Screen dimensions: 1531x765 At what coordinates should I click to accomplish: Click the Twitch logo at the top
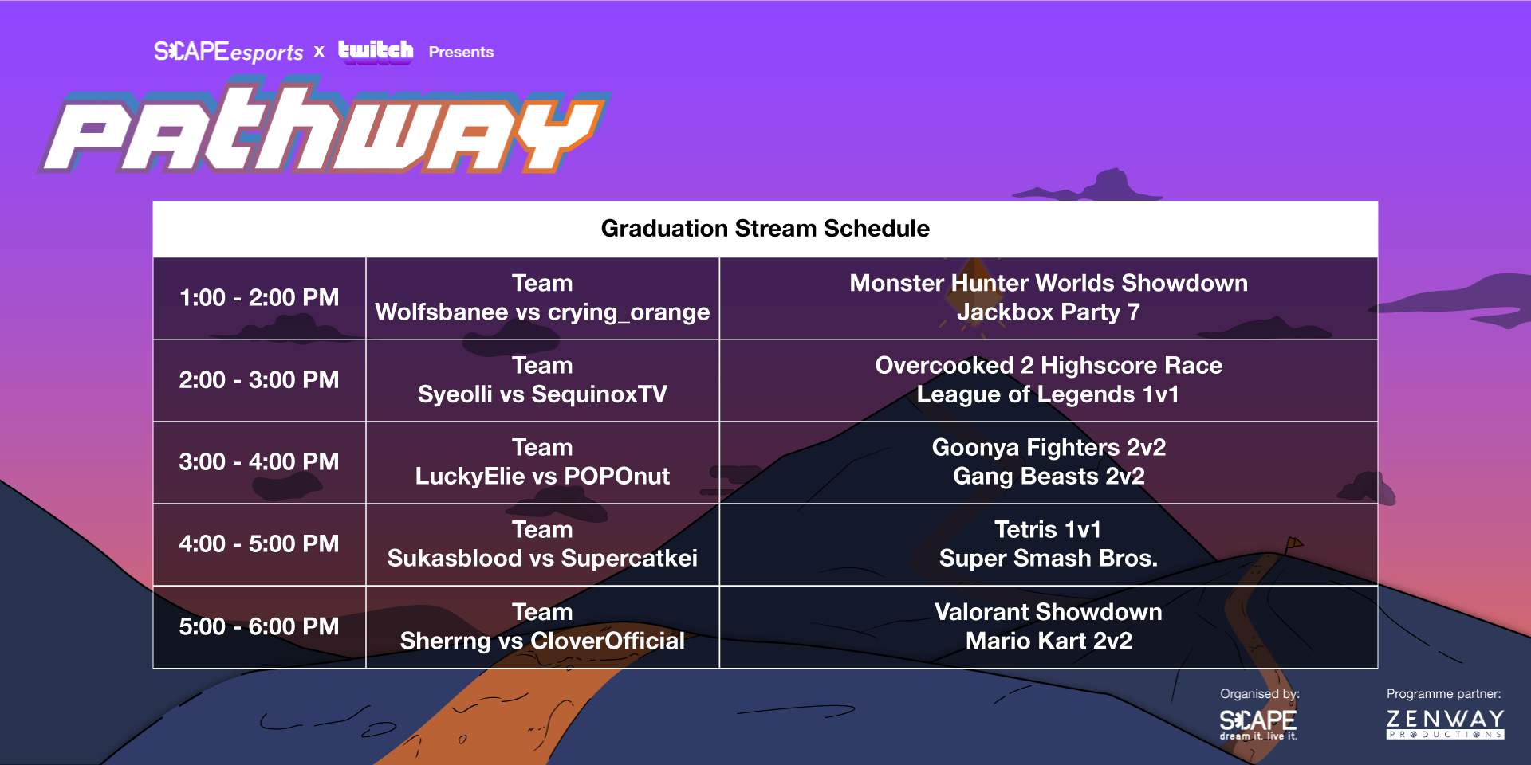(x=376, y=51)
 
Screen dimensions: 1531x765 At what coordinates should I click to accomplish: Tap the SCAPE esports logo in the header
(x=229, y=52)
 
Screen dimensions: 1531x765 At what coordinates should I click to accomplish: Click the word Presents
(x=461, y=52)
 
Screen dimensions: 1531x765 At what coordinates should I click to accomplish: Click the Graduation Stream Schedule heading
(x=765, y=229)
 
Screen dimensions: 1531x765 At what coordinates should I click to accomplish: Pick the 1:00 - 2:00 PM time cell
(x=259, y=298)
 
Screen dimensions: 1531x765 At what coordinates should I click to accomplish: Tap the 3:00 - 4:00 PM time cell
(x=259, y=462)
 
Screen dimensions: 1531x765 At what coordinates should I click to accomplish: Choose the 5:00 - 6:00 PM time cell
(x=259, y=626)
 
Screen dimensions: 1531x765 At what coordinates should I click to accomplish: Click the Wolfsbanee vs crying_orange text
(x=542, y=312)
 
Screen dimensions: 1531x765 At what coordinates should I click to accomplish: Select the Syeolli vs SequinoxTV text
(x=542, y=394)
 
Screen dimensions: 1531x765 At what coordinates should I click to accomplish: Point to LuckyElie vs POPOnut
(x=542, y=477)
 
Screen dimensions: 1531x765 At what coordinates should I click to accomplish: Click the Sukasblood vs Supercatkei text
(x=542, y=559)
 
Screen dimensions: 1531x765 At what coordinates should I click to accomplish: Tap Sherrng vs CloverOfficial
(x=542, y=641)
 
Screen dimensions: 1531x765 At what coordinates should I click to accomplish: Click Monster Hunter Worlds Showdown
(x=1049, y=283)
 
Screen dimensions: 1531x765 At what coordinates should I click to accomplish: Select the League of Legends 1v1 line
(x=1049, y=394)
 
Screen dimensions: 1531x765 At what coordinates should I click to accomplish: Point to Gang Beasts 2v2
(x=1049, y=477)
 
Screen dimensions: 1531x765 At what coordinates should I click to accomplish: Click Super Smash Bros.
(x=1049, y=559)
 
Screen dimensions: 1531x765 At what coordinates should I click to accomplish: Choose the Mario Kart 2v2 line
(x=1049, y=641)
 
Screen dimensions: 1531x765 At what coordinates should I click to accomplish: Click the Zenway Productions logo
(x=1445, y=724)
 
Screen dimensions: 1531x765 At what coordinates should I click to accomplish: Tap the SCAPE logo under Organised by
(x=1258, y=724)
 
